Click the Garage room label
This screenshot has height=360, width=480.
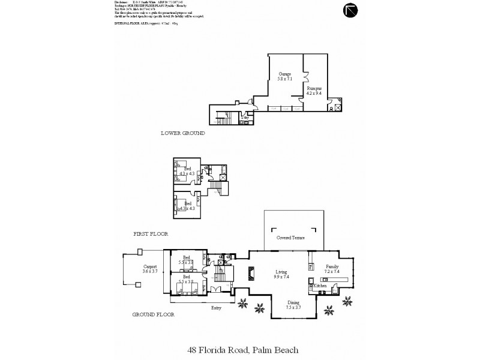point(284,75)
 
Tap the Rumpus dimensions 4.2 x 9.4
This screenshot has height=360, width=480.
point(314,93)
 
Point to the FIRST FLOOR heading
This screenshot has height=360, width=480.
point(151,233)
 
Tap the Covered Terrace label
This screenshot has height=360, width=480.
point(290,238)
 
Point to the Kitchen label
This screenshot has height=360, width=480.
point(320,286)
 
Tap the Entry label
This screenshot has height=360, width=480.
point(216,308)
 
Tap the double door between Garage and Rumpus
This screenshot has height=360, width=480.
point(306,77)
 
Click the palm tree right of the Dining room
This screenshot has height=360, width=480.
point(329,309)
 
